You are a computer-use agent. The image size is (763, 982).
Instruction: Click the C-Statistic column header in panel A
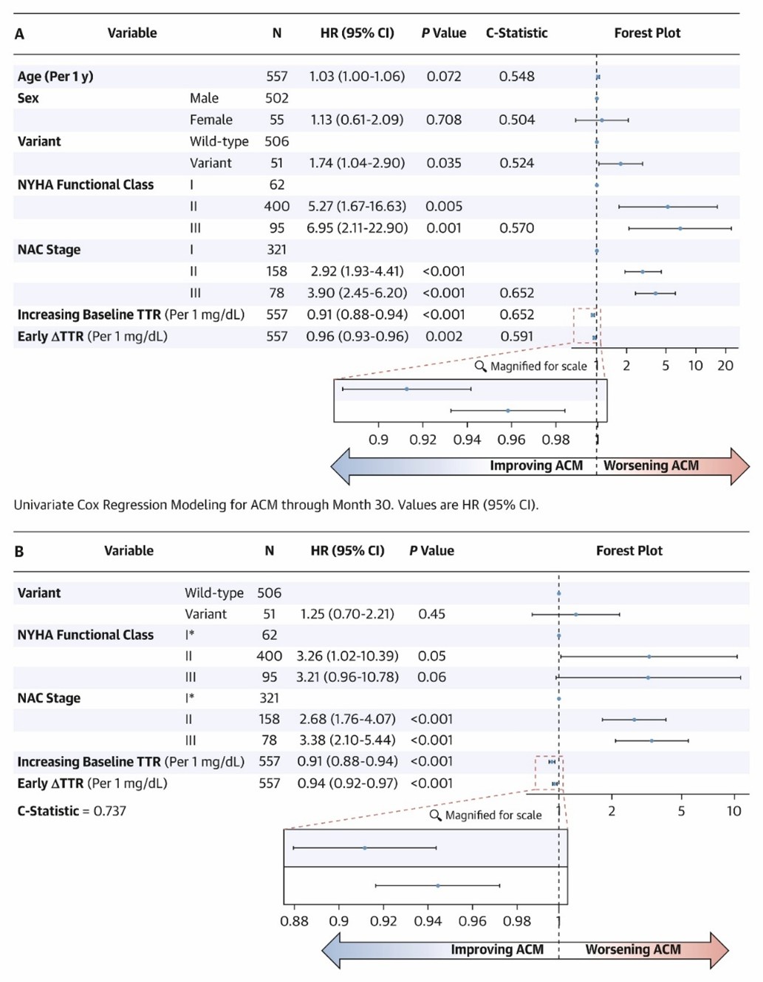tap(516, 33)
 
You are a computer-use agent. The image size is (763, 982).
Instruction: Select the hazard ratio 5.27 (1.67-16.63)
tap(357, 207)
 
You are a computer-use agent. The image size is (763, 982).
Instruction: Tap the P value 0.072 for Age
tap(443, 76)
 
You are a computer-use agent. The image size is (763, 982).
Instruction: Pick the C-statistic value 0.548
tap(516, 76)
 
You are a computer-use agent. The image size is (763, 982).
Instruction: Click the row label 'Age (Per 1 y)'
tap(55, 76)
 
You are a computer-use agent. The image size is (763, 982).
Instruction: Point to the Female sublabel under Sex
tap(211, 120)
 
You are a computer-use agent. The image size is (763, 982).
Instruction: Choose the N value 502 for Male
tap(276, 98)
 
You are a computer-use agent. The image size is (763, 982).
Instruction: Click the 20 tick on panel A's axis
tap(725, 366)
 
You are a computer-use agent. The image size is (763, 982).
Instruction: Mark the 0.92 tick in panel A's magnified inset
tap(422, 440)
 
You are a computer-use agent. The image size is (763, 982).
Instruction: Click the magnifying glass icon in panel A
tap(481, 366)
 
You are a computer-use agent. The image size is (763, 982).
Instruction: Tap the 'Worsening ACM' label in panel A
tap(651, 466)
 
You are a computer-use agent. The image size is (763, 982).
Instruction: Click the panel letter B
tap(19, 551)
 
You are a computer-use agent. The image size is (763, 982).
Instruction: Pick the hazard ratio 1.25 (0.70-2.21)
tap(347, 614)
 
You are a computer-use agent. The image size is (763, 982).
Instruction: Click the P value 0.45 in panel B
tap(431, 614)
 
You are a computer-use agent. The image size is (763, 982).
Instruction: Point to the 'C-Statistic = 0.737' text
tap(72, 811)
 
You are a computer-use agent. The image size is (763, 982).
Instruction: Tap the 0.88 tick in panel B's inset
tap(294, 921)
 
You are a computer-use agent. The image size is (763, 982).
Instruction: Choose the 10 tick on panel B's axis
tap(733, 811)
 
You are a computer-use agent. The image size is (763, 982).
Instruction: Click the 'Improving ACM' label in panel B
tap(497, 949)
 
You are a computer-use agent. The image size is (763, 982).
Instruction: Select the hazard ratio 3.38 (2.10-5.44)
tap(347, 740)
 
